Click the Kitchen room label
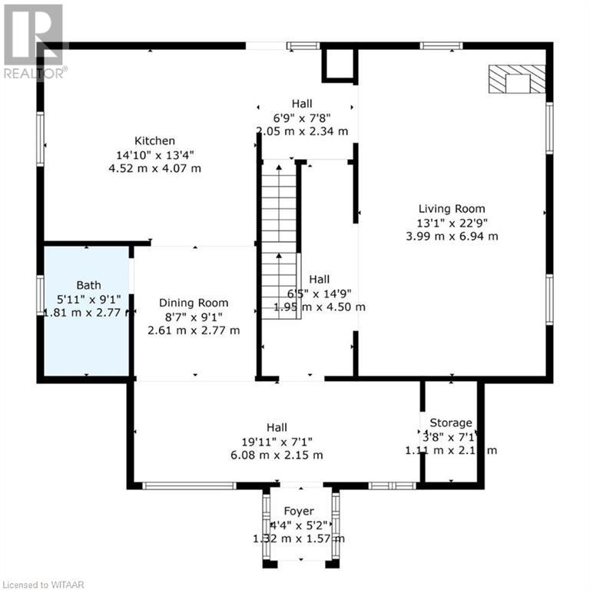tap(155, 141)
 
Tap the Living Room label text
tap(452, 209)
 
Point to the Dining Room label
tap(194, 303)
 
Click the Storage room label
tap(451, 423)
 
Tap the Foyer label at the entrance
tap(299, 512)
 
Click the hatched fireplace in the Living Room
tap(518, 79)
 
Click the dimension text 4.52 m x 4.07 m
tap(155, 168)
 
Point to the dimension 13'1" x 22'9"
tap(452, 223)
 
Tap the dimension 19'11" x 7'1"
tap(277, 441)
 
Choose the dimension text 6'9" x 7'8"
tap(302, 118)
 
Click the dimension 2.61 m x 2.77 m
tap(194, 330)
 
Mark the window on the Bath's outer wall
tap(40, 296)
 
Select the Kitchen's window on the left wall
tap(40, 139)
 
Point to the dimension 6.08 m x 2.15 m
tap(277, 455)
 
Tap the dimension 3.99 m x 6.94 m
tap(452, 237)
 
